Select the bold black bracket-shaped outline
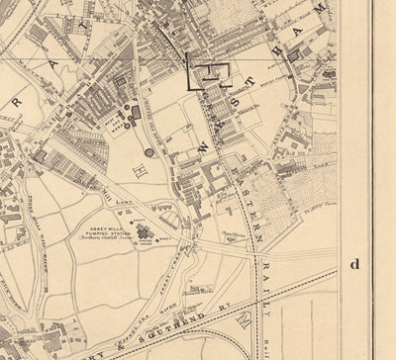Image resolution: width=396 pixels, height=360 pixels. [209, 73]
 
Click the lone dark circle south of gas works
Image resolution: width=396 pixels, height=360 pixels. [148, 152]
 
